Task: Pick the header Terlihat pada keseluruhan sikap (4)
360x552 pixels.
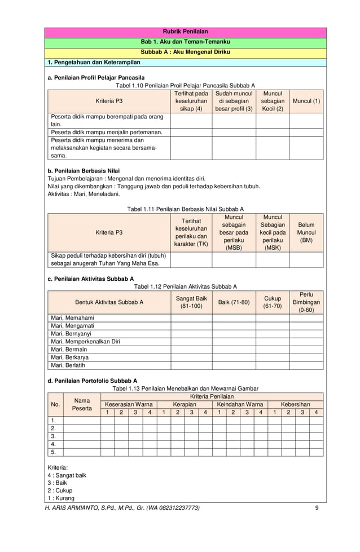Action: [191, 101]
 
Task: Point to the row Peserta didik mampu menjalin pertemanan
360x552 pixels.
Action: [107, 132]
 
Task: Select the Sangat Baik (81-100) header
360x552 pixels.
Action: [191, 302]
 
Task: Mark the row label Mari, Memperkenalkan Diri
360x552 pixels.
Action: [85, 341]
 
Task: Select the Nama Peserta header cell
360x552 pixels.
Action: [82, 404]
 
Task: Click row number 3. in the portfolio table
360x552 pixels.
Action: [54, 436]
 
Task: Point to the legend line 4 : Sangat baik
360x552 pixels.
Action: [67, 475]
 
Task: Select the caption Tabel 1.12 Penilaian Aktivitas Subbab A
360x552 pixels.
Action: [185, 286]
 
